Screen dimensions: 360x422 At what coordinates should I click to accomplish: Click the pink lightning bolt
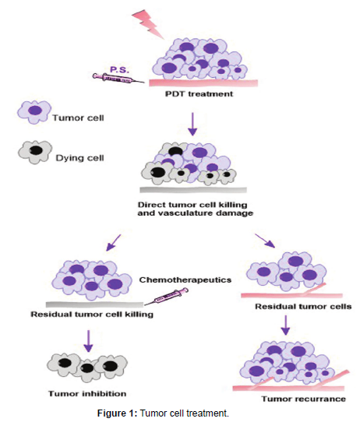(150, 24)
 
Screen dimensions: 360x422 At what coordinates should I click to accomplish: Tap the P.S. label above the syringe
(119, 70)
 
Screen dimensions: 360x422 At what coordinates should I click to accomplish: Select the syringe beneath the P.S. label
(118, 78)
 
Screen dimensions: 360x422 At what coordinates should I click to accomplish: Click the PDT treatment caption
(199, 94)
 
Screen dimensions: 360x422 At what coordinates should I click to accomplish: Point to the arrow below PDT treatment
(192, 124)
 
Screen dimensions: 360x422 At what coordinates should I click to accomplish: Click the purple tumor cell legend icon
(34, 111)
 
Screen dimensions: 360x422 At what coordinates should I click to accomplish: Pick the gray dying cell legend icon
(35, 152)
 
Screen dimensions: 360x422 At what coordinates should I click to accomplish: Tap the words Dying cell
(79, 158)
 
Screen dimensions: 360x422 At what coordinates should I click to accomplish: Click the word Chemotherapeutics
(185, 280)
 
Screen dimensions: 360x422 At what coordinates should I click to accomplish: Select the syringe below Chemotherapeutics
(166, 297)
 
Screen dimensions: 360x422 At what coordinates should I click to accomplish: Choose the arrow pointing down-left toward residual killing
(113, 242)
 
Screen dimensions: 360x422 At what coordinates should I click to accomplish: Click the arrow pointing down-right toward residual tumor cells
(265, 241)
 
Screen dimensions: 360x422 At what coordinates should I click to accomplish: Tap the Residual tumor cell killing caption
(92, 315)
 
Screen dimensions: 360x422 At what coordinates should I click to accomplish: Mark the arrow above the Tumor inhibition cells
(88, 341)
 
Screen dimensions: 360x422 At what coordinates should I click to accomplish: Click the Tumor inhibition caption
(87, 394)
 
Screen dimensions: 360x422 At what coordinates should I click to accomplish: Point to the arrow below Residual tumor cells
(286, 325)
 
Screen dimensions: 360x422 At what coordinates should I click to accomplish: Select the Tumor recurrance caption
(304, 399)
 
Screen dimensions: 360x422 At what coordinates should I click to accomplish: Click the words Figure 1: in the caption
(118, 413)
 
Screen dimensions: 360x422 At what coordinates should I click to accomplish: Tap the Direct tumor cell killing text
(192, 205)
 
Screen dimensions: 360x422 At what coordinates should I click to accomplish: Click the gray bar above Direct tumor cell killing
(193, 190)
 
